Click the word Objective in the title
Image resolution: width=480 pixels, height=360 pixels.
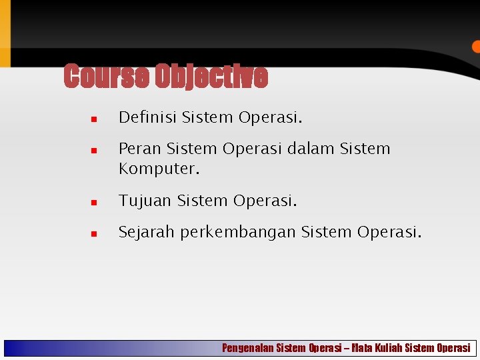pos(211,77)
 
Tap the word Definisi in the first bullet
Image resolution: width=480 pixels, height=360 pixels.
pos(147,118)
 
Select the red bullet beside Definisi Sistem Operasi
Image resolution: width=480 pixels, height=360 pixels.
pos(95,120)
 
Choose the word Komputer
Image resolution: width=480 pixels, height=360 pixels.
pos(159,169)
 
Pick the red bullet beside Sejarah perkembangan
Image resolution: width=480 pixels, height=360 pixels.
pos(95,234)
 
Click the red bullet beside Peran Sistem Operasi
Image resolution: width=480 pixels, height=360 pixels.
pos(95,151)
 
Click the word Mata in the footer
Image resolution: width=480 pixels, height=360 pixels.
pos(362,348)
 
